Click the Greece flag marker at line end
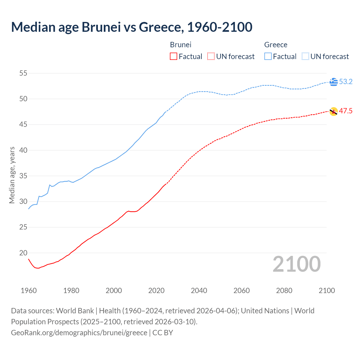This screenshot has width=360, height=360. coord(334,82)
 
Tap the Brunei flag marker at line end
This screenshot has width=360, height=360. coord(334,111)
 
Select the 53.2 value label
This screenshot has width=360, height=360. coord(346,82)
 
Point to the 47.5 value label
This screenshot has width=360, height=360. coord(346,111)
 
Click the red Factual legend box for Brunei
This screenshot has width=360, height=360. coord(174,57)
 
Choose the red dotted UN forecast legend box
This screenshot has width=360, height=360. coord(211,57)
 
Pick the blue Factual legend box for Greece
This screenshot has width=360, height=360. coord(268,57)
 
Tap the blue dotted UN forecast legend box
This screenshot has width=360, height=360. coord(305,57)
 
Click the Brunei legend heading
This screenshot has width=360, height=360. coord(181,45)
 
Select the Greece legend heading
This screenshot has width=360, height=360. coord(276,45)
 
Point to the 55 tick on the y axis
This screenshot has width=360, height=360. coord(23,73)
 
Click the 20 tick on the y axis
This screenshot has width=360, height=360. coord(23,253)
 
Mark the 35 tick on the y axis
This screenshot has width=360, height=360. coord(23,176)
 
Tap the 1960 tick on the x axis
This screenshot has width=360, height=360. coord(29,291)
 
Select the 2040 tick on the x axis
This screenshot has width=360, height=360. coord(199,291)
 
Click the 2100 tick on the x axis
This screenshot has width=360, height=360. coord(327,291)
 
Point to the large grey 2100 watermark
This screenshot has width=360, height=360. coord(296,264)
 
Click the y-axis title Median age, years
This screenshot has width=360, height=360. coord(12,175)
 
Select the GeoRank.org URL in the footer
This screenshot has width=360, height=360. coord(79,333)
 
